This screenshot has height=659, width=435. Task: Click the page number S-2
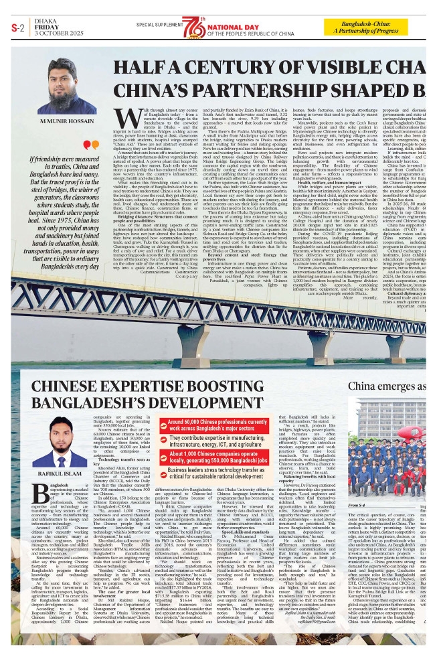click(18, 27)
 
